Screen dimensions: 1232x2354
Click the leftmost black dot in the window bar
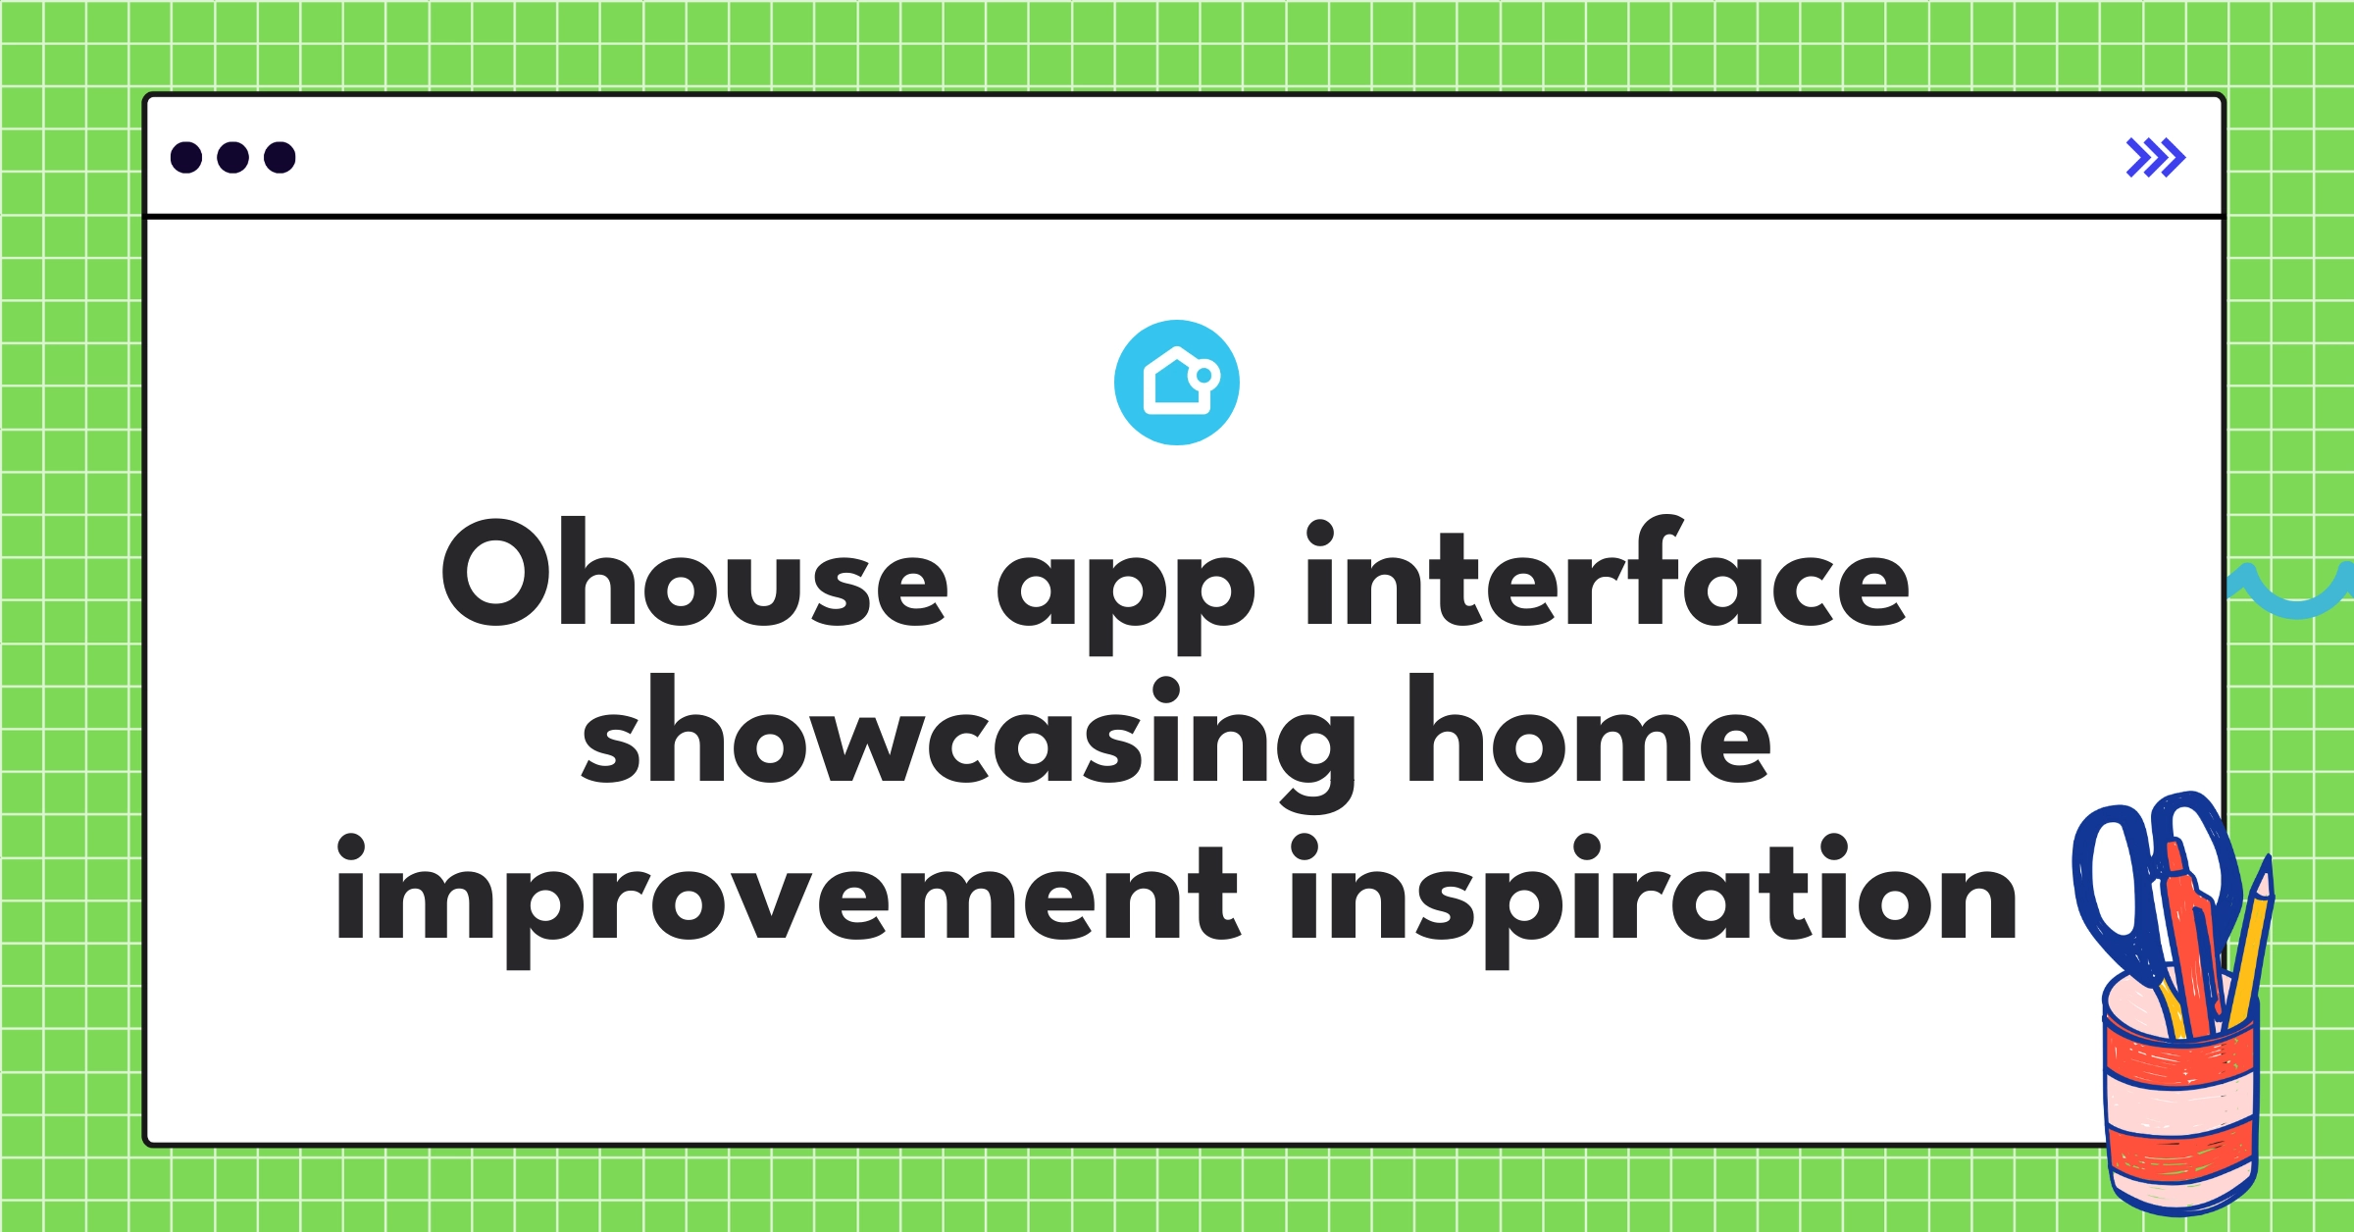coord(186,157)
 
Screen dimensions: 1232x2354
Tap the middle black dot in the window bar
coord(232,157)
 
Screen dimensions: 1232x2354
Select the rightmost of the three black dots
coord(280,157)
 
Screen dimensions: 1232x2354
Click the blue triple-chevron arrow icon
coord(2155,157)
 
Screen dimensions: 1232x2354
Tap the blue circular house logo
coord(1176,383)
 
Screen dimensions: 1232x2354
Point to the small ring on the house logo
coord(1203,375)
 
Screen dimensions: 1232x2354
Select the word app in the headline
coord(1125,589)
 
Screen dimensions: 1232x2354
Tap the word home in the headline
coord(1589,736)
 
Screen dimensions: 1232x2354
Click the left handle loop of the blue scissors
coord(2109,883)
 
